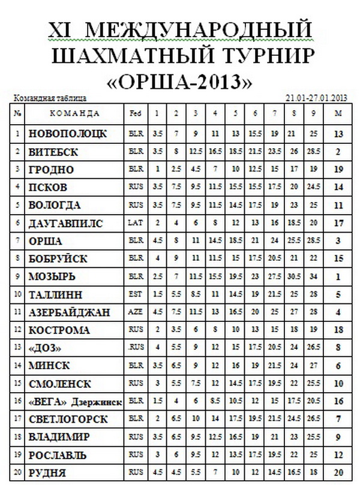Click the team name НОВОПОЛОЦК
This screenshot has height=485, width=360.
pyautogui.click(x=67, y=134)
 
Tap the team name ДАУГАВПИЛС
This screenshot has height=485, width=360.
pyautogui.click(x=65, y=223)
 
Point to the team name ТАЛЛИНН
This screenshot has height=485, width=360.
pyautogui.click(x=56, y=294)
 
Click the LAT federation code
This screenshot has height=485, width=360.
pyautogui.click(x=134, y=223)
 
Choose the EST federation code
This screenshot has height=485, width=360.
pyautogui.click(x=134, y=294)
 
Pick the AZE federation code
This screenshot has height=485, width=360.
pyautogui.click(x=134, y=312)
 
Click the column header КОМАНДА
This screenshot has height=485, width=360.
pyautogui.click(x=74, y=113)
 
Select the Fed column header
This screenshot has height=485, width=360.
pyautogui.click(x=135, y=113)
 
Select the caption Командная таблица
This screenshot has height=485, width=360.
pyautogui.click(x=50, y=97)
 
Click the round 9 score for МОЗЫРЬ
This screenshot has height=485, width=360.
pyautogui.click(x=313, y=277)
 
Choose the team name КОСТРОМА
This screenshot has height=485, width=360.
pyautogui.click(x=59, y=330)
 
